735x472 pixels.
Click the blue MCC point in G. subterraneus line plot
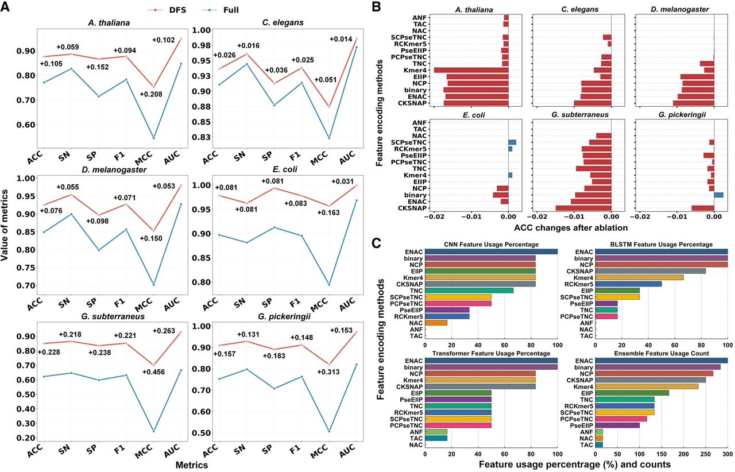click(153, 431)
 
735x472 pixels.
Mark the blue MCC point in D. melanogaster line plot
click(153, 284)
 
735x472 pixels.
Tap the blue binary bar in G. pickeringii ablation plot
click(718, 195)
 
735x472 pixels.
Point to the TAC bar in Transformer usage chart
click(436, 438)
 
